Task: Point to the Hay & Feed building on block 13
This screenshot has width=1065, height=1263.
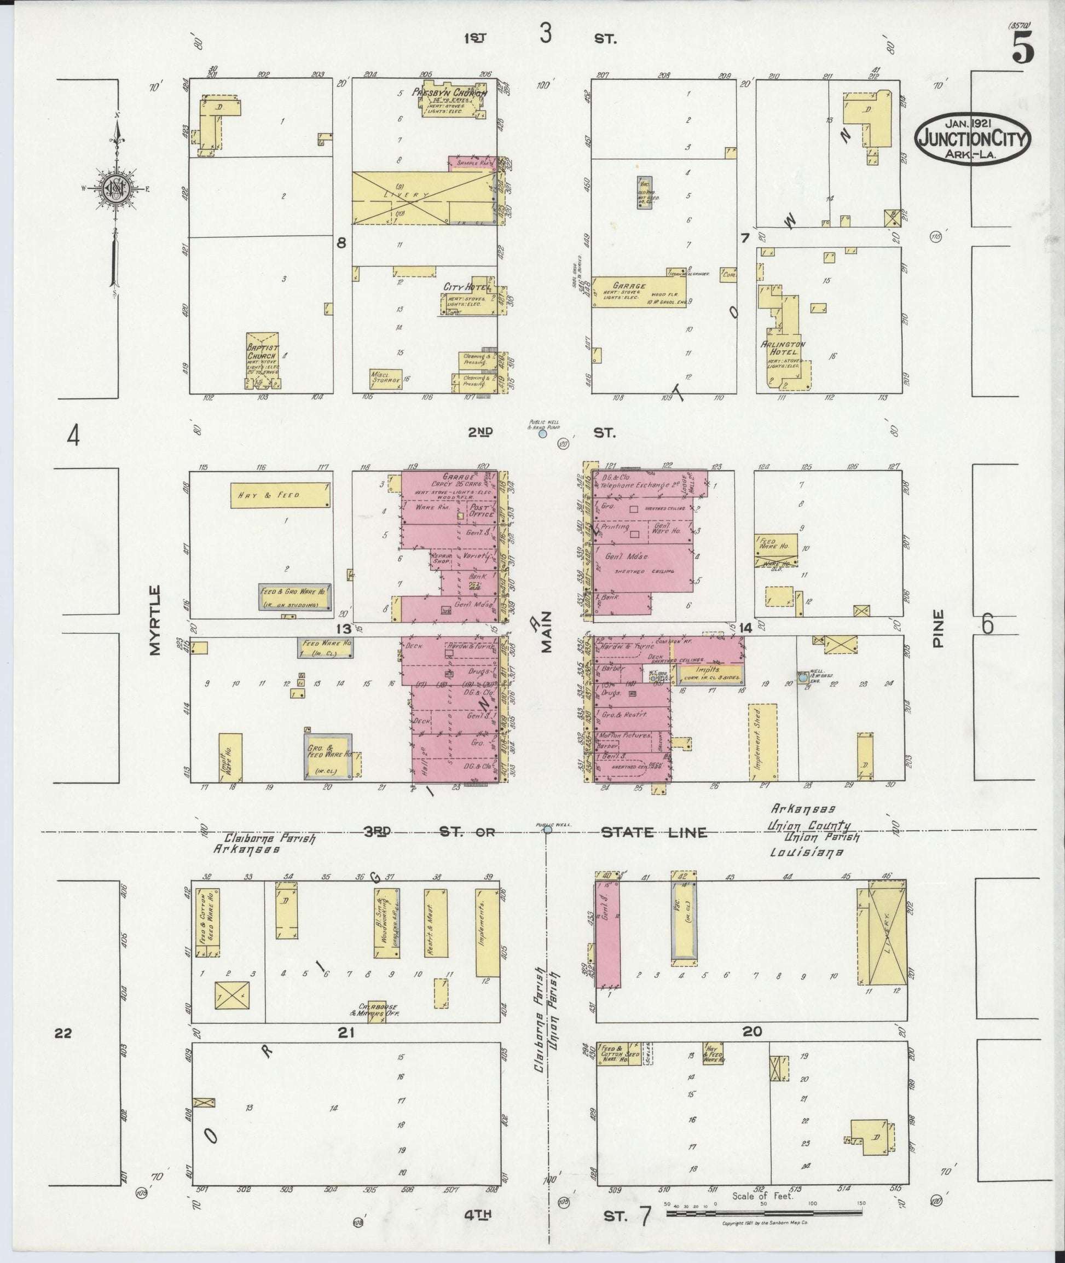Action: (281, 496)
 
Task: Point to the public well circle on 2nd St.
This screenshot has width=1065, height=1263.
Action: (543, 433)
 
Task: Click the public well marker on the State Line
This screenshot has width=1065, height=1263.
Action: (548, 830)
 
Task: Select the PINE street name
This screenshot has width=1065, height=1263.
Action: (937, 628)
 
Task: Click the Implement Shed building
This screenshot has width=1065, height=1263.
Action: (762, 742)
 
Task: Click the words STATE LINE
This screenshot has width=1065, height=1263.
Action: (654, 832)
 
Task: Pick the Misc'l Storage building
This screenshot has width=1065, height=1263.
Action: (386, 379)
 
